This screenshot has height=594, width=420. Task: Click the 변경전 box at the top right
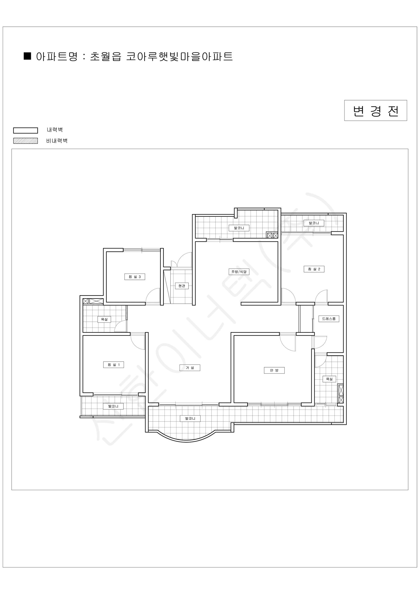point(375,110)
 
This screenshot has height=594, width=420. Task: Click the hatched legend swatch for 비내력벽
point(26,141)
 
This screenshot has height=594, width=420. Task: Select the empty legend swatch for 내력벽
point(26,130)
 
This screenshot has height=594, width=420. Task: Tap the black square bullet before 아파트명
point(27,56)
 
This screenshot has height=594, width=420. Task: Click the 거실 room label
point(190,368)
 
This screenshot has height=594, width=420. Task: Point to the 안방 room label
point(274,370)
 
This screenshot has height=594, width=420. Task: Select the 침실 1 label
point(114,365)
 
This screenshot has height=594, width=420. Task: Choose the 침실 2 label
point(314,269)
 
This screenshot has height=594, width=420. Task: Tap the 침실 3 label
point(135,277)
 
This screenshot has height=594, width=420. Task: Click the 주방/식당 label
point(239,272)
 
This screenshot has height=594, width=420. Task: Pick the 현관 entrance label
point(182,286)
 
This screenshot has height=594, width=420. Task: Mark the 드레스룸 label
point(329,319)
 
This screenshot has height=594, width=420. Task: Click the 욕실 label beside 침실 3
point(104,320)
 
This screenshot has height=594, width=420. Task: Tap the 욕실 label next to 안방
point(329,379)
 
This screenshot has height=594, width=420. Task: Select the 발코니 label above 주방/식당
point(239,228)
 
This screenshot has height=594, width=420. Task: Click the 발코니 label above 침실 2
point(314,223)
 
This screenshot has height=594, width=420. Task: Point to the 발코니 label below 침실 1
point(113,406)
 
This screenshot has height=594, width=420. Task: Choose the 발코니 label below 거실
point(190,418)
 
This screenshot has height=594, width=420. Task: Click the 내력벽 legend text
point(55,130)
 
